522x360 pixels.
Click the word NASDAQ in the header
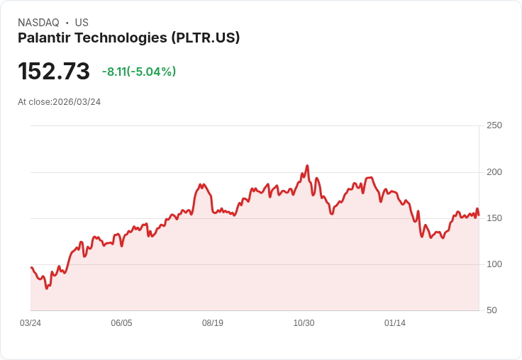click(x=38, y=23)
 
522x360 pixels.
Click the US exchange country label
click(x=82, y=23)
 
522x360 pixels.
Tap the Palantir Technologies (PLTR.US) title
click(x=129, y=38)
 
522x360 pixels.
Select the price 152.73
click(x=54, y=72)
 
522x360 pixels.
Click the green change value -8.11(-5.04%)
click(x=139, y=72)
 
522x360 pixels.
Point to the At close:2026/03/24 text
click(x=60, y=101)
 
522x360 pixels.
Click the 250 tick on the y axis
click(x=494, y=125)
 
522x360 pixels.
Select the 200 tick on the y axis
click(x=494, y=171)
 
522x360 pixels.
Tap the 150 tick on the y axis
click(x=494, y=218)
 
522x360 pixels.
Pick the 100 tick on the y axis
click(x=494, y=264)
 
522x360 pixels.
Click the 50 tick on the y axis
click(x=491, y=310)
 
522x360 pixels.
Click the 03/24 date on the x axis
click(x=30, y=323)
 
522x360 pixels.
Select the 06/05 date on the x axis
click(x=121, y=323)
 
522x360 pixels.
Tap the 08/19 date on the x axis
click(x=213, y=323)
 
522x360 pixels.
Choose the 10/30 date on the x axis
click(x=304, y=323)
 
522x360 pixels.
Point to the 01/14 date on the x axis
click(x=395, y=323)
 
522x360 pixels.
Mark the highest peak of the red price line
click(x=307, y=166)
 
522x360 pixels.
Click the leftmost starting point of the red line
click(x=31, y=268)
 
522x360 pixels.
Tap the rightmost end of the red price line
click(x=479, y=215)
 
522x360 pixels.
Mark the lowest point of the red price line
click(x=47, y=288)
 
